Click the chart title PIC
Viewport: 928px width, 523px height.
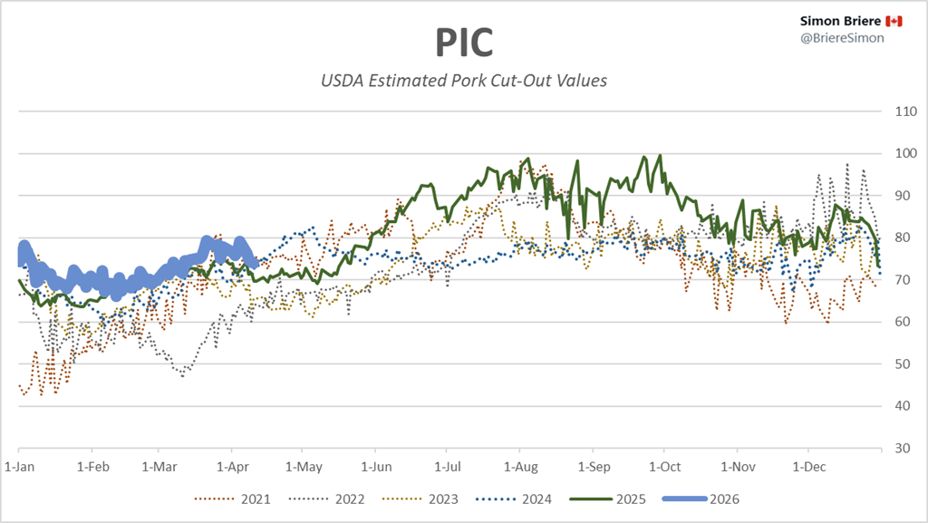tap(464, 42)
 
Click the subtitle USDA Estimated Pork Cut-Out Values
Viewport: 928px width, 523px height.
tap(464, 81)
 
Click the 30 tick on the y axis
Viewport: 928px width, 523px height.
tap(902, 449)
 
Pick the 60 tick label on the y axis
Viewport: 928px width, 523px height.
tap(902, 323)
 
